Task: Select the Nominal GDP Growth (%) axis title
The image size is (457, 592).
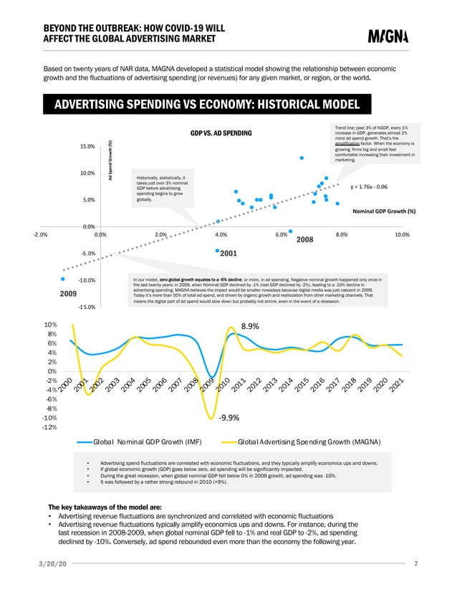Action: click(x=385, y=211)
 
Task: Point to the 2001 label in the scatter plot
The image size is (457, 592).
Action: click(x=228, y=254)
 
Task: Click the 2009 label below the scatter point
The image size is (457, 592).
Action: click(x=67, y=293)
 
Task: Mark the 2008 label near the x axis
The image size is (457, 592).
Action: click(x=306, y=241)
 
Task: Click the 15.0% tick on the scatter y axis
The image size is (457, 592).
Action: click(x=87, y=147)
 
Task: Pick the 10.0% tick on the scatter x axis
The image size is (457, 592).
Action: click(x=402, y=234)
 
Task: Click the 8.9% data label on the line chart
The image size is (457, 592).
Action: click(x=249, y=326)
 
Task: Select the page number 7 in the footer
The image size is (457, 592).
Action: click(x=416, y=564)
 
